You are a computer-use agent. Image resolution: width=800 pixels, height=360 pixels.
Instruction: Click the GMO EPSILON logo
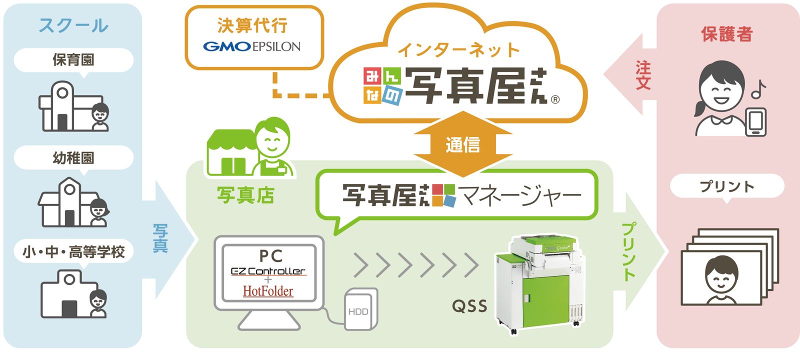[252, 47]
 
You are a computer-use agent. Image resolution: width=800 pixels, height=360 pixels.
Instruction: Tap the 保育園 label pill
[73, 60]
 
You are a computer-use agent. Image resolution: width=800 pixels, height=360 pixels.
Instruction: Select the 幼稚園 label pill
[73, 158]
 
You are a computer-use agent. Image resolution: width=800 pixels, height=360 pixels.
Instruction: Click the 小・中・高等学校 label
[73, 252]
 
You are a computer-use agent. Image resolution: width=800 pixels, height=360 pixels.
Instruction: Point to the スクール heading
[73, 25]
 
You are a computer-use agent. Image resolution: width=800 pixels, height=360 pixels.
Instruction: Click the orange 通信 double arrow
[463, 144]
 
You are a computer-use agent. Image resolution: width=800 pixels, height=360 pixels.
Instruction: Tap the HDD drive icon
[360, 309]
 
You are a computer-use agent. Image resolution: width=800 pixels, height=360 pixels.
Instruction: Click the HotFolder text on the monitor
[268, 291]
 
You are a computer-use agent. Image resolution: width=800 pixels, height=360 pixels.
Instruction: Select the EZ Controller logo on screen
[268, 271]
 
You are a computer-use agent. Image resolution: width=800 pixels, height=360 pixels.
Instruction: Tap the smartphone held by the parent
[756, 122]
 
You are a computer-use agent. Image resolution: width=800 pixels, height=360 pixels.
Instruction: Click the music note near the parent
[758, 89]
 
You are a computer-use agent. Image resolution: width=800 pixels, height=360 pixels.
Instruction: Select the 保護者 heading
[727, 34]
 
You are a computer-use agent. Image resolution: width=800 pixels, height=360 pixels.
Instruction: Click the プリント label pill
[727, 186]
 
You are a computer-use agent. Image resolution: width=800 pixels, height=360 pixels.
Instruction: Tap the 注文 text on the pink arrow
[643, 75]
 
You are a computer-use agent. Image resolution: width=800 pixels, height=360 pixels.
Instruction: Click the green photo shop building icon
[232, 152]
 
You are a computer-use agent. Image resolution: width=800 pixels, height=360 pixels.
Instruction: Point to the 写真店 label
[245, 195]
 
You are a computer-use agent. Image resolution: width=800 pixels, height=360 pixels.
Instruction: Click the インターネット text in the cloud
[458, 50]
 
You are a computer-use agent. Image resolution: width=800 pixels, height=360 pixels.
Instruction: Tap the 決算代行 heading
[252, 25]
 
